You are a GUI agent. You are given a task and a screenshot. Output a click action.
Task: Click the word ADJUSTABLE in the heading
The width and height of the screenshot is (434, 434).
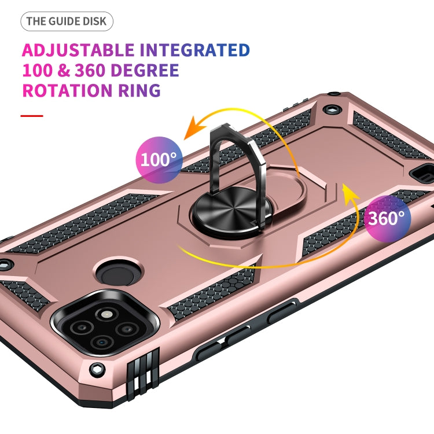(78, 50)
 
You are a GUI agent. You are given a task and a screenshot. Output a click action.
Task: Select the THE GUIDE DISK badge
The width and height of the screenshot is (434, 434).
(67, 22)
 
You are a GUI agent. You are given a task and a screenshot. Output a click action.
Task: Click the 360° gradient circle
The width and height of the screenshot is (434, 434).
(387, 219)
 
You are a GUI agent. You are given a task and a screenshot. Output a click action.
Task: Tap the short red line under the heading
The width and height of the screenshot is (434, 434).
(32, 116)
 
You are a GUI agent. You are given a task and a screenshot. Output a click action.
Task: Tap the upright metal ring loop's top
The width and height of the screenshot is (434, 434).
(231, 131)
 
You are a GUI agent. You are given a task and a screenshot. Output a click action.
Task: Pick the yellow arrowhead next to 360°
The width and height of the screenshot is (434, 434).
(347, 192)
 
